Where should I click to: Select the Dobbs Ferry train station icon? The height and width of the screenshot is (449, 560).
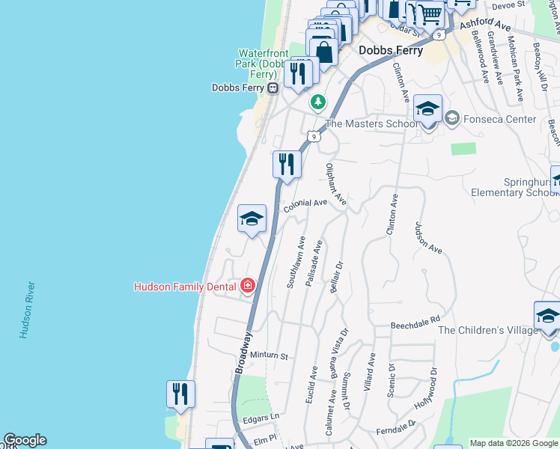click(x=273, y=88)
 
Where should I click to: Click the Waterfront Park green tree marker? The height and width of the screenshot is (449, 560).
click(x=319, y=101)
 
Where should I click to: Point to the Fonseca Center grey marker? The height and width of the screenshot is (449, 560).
click(x=451, y=118)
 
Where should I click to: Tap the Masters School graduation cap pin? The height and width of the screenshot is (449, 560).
click(x=427, y=109)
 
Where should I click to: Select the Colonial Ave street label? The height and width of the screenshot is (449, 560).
click(x=305, y=204)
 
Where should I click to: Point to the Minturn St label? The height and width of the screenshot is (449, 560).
click(x=269, y=356)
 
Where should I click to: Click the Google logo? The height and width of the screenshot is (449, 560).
click(x=25, y=440)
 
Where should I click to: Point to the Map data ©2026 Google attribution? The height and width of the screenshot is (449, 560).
click(x=514, y=443)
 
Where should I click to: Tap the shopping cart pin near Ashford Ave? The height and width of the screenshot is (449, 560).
click(x=430, y=14)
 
